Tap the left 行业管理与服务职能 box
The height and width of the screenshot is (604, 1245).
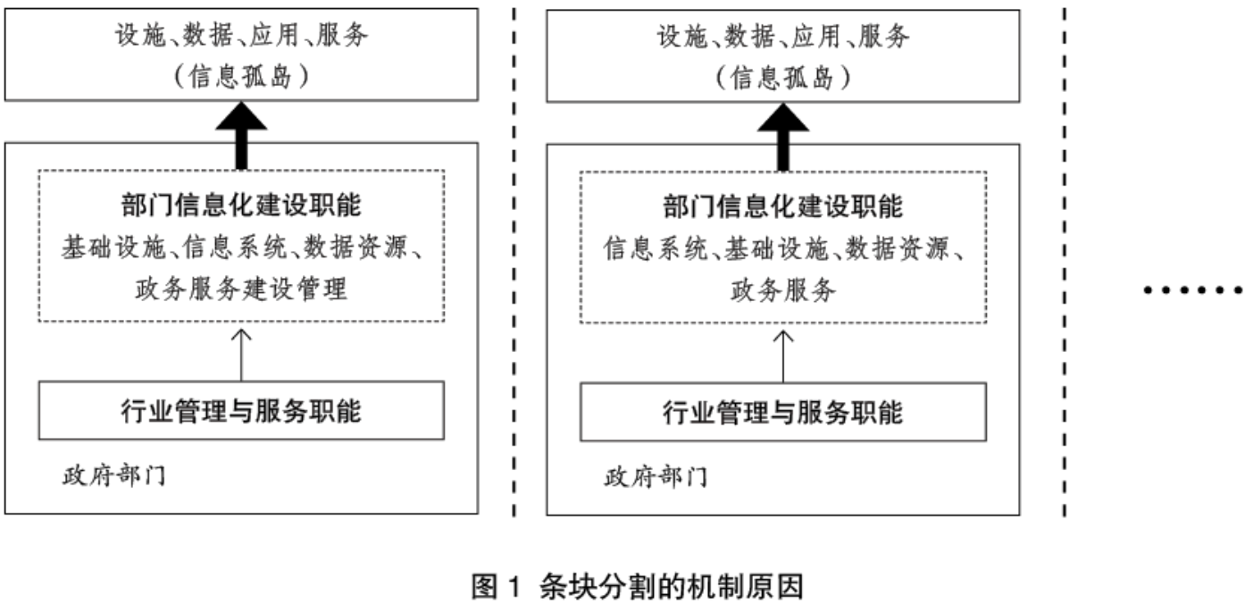pyautogui.click(x=241, y=411)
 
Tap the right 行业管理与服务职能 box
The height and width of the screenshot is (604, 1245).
pyautogui.click(x=783, y=412)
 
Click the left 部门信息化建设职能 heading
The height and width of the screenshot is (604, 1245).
pyautogui.click(x=241, y=206)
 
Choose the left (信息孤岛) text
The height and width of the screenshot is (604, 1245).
pyautogui.click(x=241, y=77)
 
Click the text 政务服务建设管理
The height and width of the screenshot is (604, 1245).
pyautogui.click(x=241, y=289)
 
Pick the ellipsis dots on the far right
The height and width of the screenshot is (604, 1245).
pyautogui.click(x=1194, y=289)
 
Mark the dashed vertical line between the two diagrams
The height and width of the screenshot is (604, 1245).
pyautogui.click(x=514, y=259)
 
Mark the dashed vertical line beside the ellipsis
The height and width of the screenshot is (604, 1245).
pyautogui.click(x=1064, y=259)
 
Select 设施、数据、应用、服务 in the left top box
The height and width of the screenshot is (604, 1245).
pyautogui.click(x=241, y=37)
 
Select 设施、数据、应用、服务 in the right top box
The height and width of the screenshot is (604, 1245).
pyautogui.click(x=783, y=38)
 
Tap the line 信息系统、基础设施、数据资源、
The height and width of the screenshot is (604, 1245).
pyautogui.click(x=783, y=247)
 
